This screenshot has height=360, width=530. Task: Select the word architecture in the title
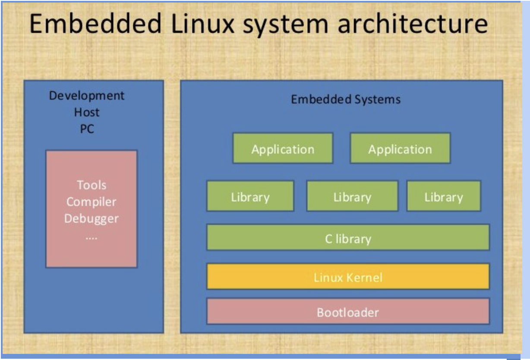coord(412,24)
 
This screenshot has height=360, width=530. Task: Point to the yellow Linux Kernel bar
coord(348,276)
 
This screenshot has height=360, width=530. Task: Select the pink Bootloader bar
coord(348,311)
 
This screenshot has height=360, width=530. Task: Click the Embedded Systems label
coord(346,99)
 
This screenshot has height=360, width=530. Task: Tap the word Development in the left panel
coord(87,95)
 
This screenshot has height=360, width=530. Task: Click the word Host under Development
coord(87,112)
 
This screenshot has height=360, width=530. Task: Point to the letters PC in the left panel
coord(87,129)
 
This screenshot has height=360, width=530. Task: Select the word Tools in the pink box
coord(91,185)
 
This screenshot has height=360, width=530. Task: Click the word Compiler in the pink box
coord(91,202)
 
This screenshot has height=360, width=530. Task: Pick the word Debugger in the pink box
coord(91,218)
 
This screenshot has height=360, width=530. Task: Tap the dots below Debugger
coord(91,237)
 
